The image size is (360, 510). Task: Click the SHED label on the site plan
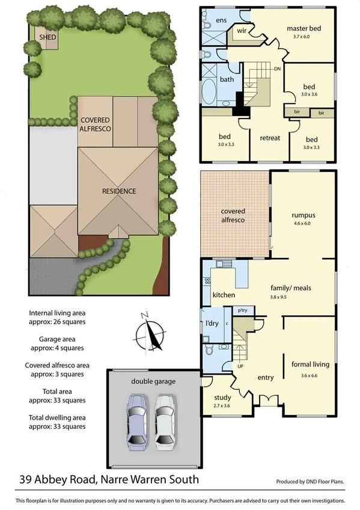pos(48,37)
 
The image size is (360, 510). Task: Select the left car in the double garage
pos(138,423)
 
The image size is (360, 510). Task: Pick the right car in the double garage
pos(165,423)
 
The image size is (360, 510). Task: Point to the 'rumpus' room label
pos(304,215)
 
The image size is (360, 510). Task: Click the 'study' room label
pos(222,397)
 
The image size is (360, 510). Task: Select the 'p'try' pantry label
pos(243,311)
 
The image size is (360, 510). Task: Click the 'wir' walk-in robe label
pos(242,30)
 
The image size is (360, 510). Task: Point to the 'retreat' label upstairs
pos(270,138)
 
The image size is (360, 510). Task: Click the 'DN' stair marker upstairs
pos(277,69)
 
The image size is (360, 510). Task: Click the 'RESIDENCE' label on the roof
pos(118,191)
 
